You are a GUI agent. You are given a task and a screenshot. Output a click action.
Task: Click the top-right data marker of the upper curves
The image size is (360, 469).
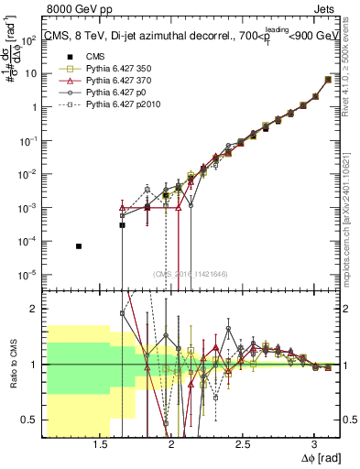click(x=329, y=80)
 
